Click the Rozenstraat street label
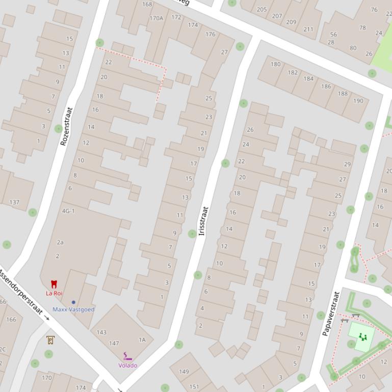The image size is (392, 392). coord(66,126)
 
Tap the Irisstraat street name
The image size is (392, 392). coord(204,220)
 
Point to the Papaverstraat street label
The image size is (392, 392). coord(330,313)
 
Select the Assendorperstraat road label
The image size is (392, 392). coord(20,291)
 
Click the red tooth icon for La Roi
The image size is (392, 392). coord(54,284)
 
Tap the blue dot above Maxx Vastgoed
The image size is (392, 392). coord(73,302)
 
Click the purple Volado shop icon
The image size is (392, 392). coord(127,356)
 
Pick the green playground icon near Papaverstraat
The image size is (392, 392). coord(362,337)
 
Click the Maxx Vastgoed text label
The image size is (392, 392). coord(73,310)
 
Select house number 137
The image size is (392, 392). coord(14,202)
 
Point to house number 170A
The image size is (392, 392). coord(156,18)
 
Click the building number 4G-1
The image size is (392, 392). coord(68,211)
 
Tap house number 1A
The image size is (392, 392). coord(142,340)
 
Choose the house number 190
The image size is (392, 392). coord(358,101)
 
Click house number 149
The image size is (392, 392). coord(184,371)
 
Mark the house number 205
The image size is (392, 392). coord(262,9)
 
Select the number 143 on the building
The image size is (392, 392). coord(101,332)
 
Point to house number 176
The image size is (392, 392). coord(210,35)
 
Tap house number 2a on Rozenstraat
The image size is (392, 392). coord(60,242)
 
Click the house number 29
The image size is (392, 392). coord(347,164)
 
